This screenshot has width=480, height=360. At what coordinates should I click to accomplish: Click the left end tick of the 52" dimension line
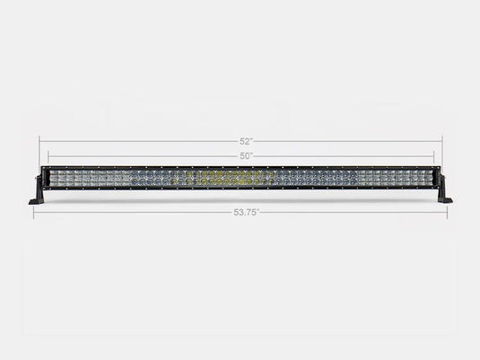tap(39, 142)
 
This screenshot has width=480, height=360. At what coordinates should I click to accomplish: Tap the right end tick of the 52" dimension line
tap(442, 142)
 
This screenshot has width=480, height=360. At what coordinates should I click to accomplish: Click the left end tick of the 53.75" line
tap(33, 214)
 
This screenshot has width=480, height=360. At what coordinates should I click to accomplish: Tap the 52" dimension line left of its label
tap(135, 142)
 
